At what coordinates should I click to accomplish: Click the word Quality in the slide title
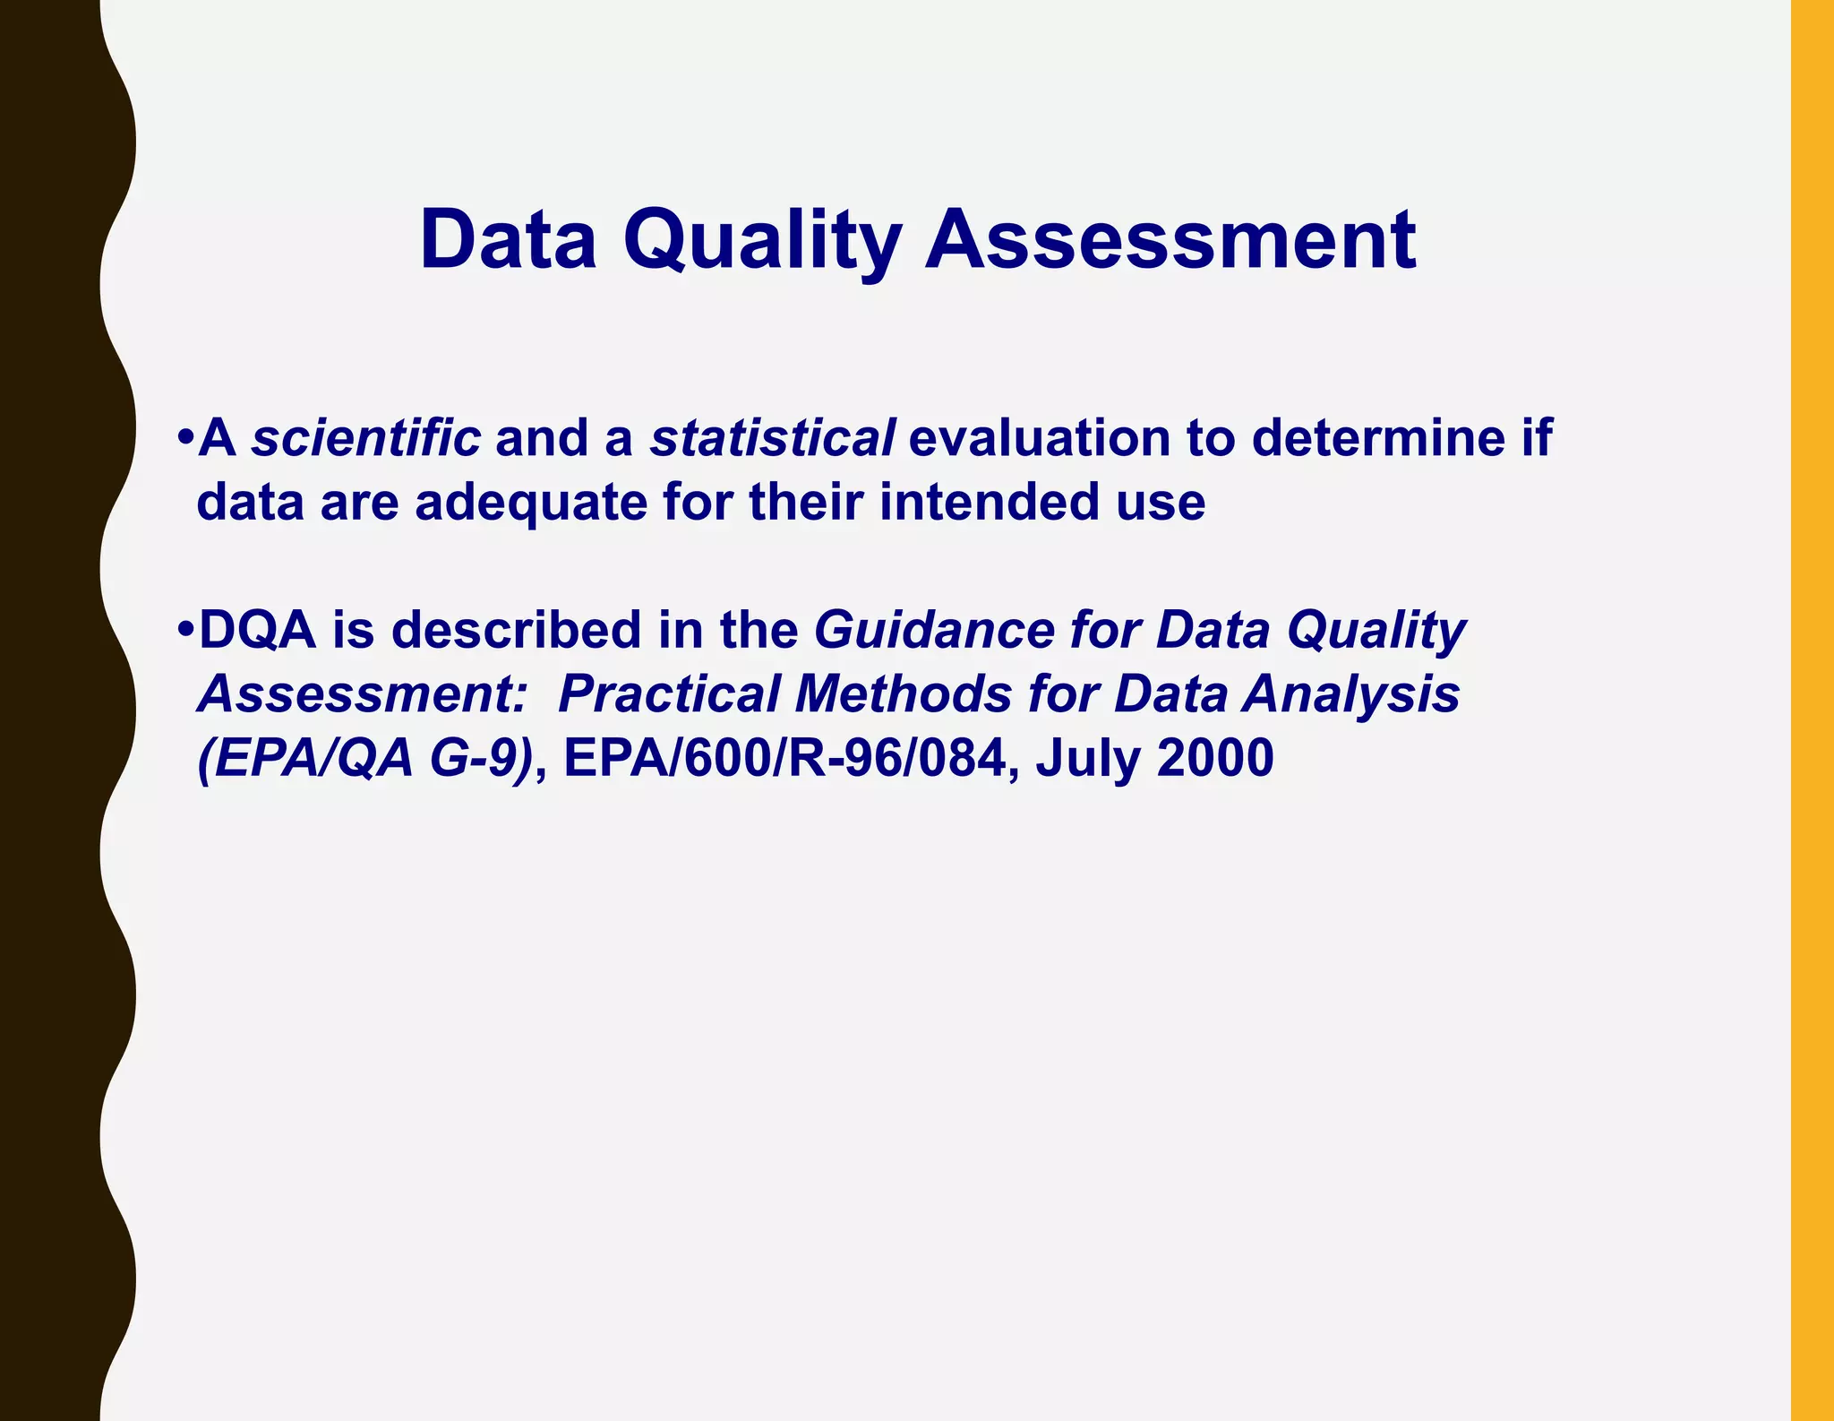(762, 240)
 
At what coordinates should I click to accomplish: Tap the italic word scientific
(365, 438)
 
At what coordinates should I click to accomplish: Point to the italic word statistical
(772, 438)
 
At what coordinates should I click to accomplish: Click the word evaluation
(1039, 438)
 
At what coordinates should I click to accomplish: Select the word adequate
(530, 502)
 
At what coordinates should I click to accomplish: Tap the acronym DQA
(258, 630)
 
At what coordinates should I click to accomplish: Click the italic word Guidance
(933, 630)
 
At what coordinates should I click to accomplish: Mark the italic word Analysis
(1350, 694)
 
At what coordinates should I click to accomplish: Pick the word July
(1088, 759)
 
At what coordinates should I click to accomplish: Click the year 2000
(1215, 759)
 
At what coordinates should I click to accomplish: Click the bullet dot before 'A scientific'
(185, 438)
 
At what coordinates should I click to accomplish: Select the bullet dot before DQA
(185, 630)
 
